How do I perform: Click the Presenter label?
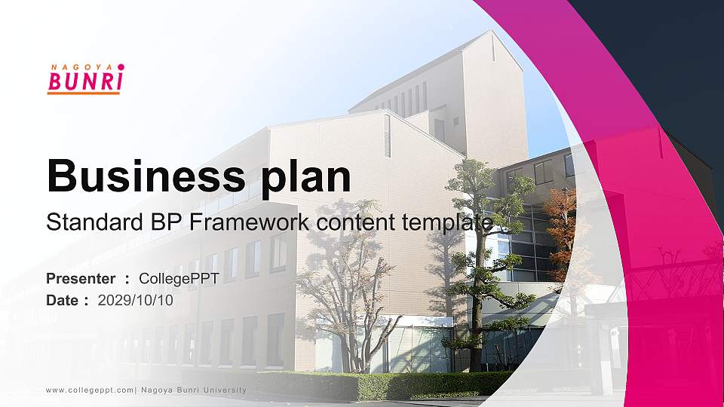(x=81, y=279)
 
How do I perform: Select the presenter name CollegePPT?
(x=179, y=279)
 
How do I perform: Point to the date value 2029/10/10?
(x=136, y=300)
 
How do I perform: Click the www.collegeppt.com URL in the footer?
(x=90, y=390)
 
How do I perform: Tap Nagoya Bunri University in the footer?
(x=194, y=390)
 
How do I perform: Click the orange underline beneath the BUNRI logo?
(x=84, y=93)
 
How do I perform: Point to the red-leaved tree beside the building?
(x=562, y=219)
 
